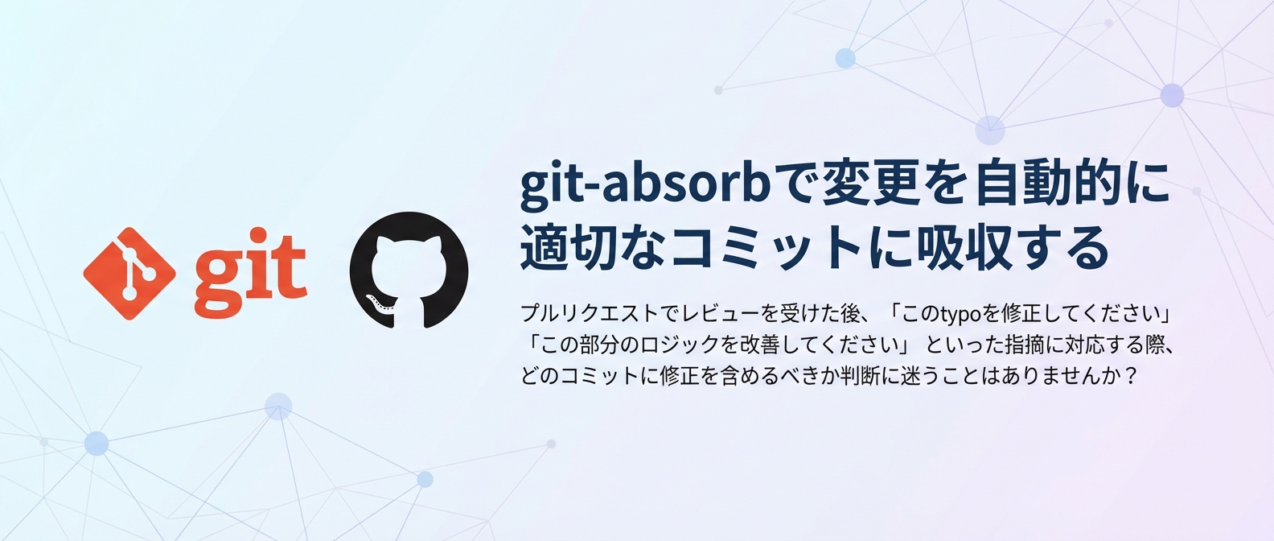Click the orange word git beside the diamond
(249, 272)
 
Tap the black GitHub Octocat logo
(409, 270)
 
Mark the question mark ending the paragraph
(1132, 376)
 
